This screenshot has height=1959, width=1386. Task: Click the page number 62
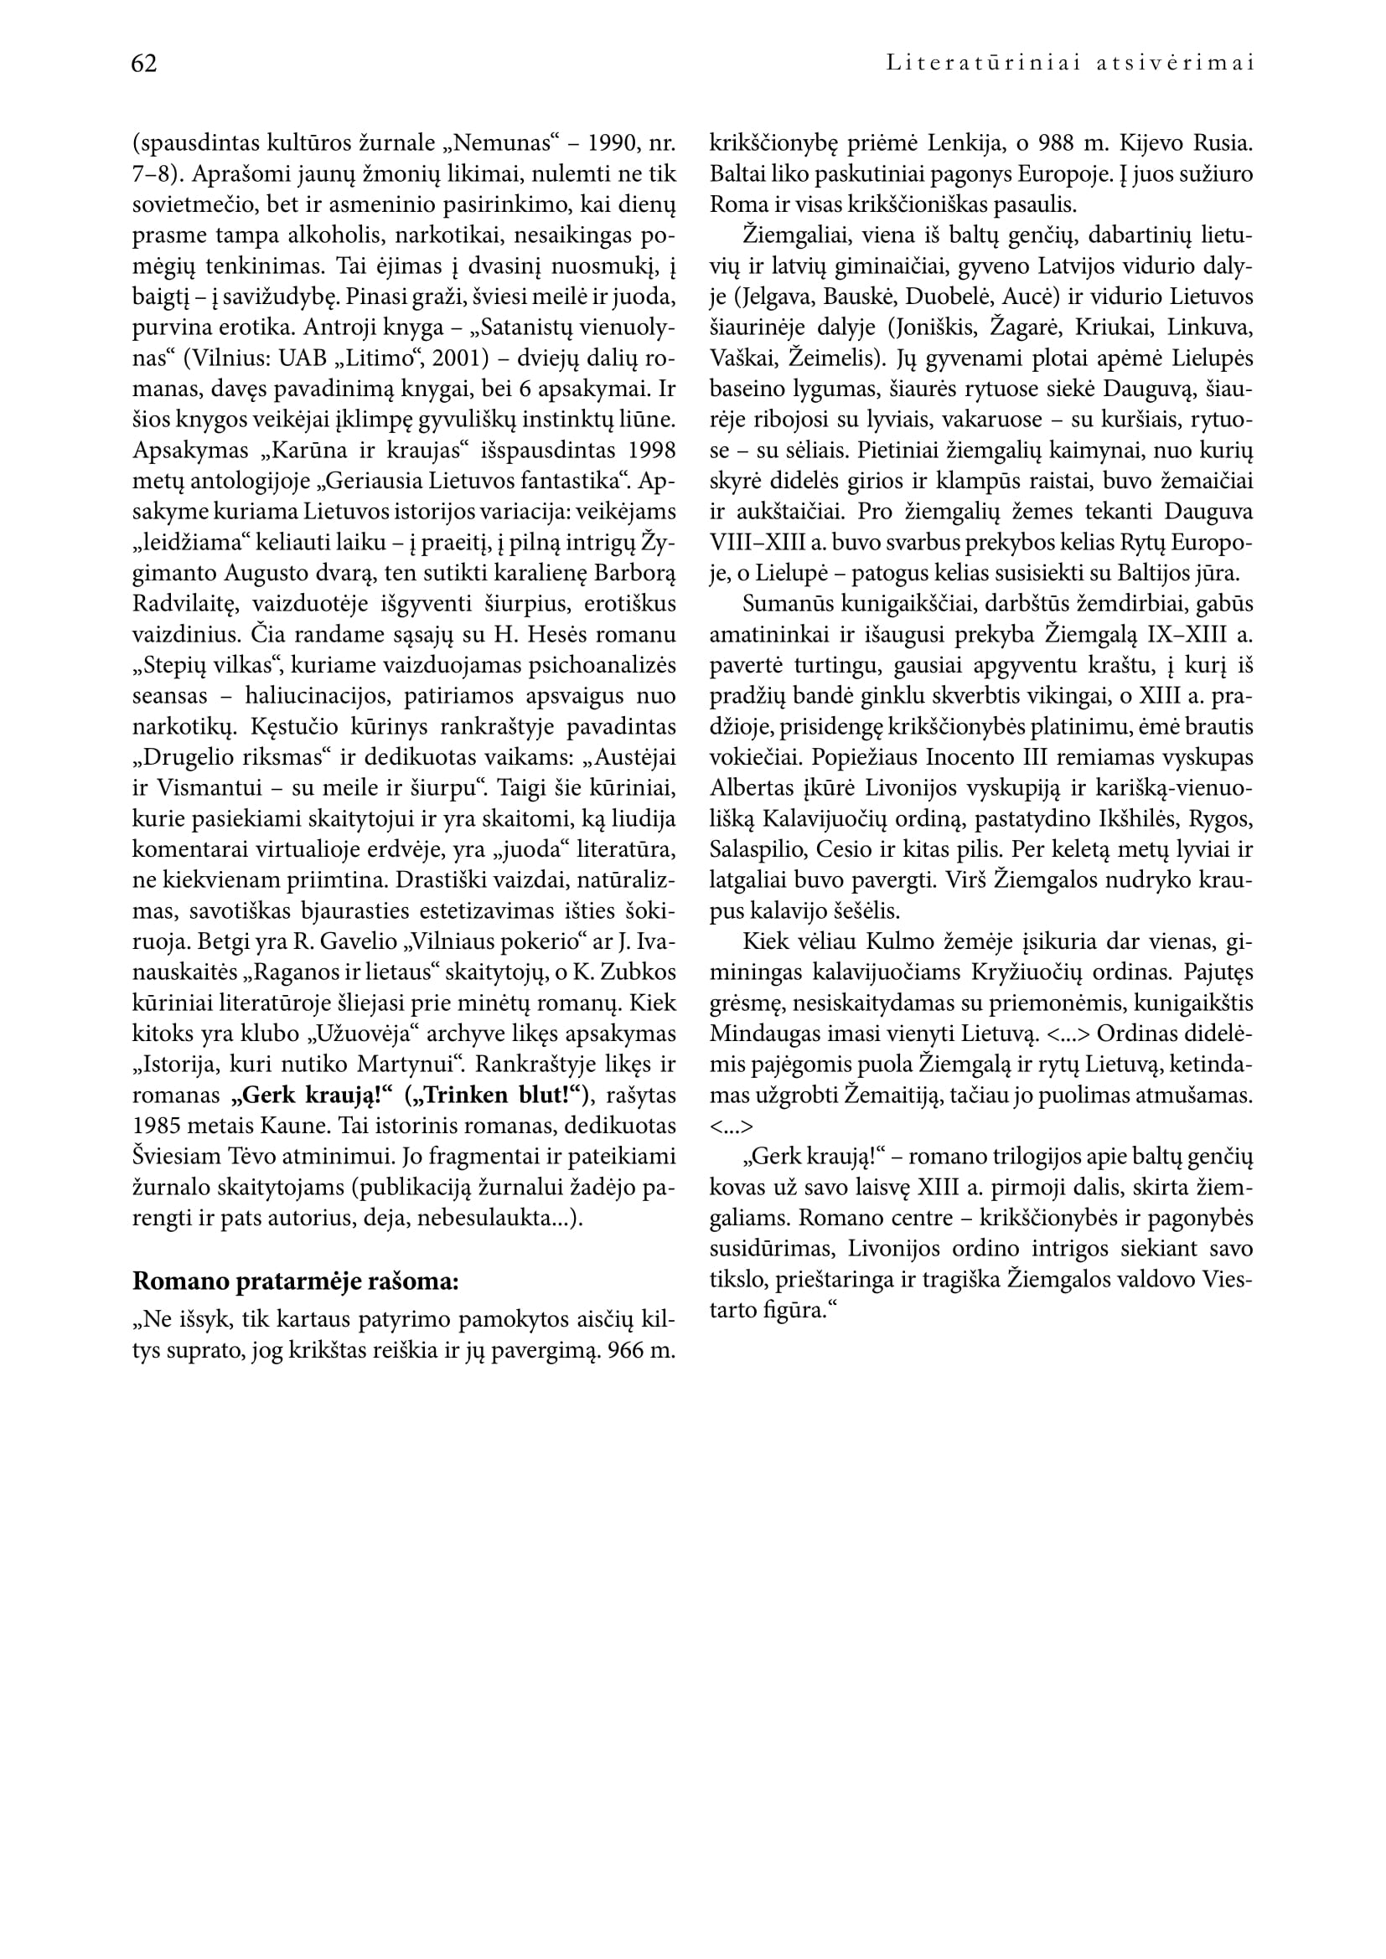pyautogui.click(x=144, y=64)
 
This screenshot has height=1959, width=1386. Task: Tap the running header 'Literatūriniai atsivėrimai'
pyautogui.click(x=1070, y=64)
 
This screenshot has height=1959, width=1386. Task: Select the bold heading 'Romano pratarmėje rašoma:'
pyautogui.click(x=295, y=1281)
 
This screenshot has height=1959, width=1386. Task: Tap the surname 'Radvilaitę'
pyautogui.click(x=182, y=604)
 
